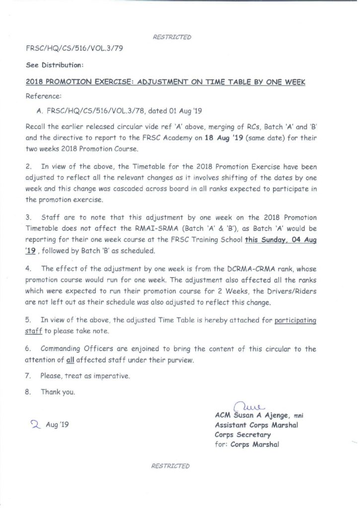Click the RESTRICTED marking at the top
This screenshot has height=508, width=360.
point(172,37)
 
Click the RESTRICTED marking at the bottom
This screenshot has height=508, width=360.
point(172,466)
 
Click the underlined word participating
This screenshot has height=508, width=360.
point(295,321)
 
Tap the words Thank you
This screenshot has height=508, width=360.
point(58,392)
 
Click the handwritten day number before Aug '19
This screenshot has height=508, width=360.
point(35,424)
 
